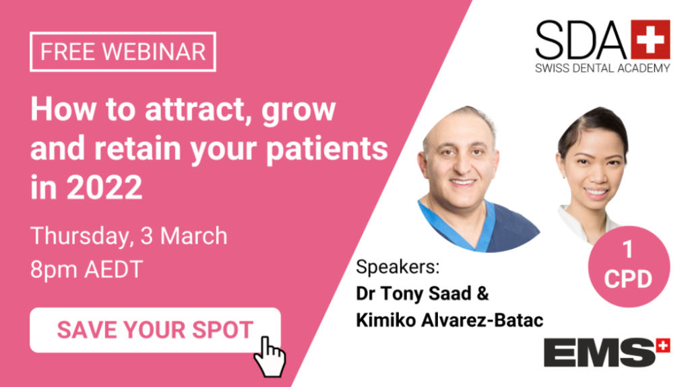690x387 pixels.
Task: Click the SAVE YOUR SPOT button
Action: [x=155, y=330]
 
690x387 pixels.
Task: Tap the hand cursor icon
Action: [x=270, y=357]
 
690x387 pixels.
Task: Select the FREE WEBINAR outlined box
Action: [x=123, y=51]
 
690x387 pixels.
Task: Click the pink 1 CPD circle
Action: [x=629, y=267]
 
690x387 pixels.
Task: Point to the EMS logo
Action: [x=607, y=352]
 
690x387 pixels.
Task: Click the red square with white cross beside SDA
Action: [x=650, y=40]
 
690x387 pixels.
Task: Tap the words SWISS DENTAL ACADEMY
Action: [x=602, y=68]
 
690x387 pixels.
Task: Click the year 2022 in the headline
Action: [x=104, y=187]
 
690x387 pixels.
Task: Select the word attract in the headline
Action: [x=195, y=109]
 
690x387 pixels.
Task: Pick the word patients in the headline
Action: [x=327, y=149]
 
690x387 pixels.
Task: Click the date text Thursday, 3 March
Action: [x=129, y=236]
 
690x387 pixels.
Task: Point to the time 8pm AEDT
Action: [x=87, y=269]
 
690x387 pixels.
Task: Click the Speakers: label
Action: [x=398, y=267]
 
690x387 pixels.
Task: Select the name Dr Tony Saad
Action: [x=414, y=293]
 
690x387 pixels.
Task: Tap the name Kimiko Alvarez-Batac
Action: [x=449, y=320]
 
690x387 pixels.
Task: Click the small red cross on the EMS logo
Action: [x=663, y=345]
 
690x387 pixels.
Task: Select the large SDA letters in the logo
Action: [x=581, y=40]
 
